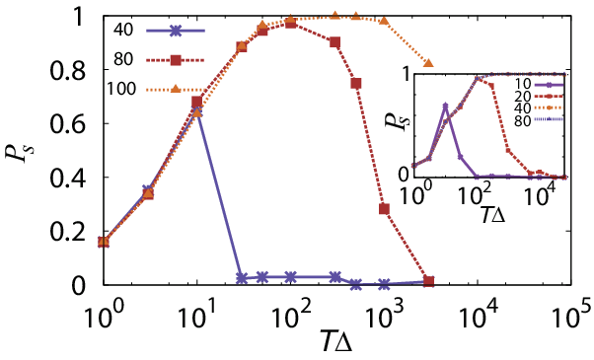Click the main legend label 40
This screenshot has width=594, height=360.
pos(123,30)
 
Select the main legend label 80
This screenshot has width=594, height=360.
pos(123,59)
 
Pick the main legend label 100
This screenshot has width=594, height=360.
pos(121,89)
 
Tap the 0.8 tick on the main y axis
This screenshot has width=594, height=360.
pos(68,72)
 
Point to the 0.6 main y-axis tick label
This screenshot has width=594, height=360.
pos(68,124)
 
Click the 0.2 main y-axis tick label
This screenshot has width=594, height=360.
pos(68,232)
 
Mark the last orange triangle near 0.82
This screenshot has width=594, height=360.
pos(428,63)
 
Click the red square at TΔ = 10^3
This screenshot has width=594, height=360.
pos(385,209)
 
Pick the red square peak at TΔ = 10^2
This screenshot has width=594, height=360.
pos(290,24)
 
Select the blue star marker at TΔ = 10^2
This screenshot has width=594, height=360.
pos(290,277)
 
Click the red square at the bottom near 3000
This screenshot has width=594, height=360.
pos(428,281)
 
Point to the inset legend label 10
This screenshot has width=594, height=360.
pos(523,84)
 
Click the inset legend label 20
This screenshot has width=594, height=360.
pos(523,96)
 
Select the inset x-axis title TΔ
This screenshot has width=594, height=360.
pos(493,215)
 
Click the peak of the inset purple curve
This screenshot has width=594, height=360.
pos(446,106)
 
